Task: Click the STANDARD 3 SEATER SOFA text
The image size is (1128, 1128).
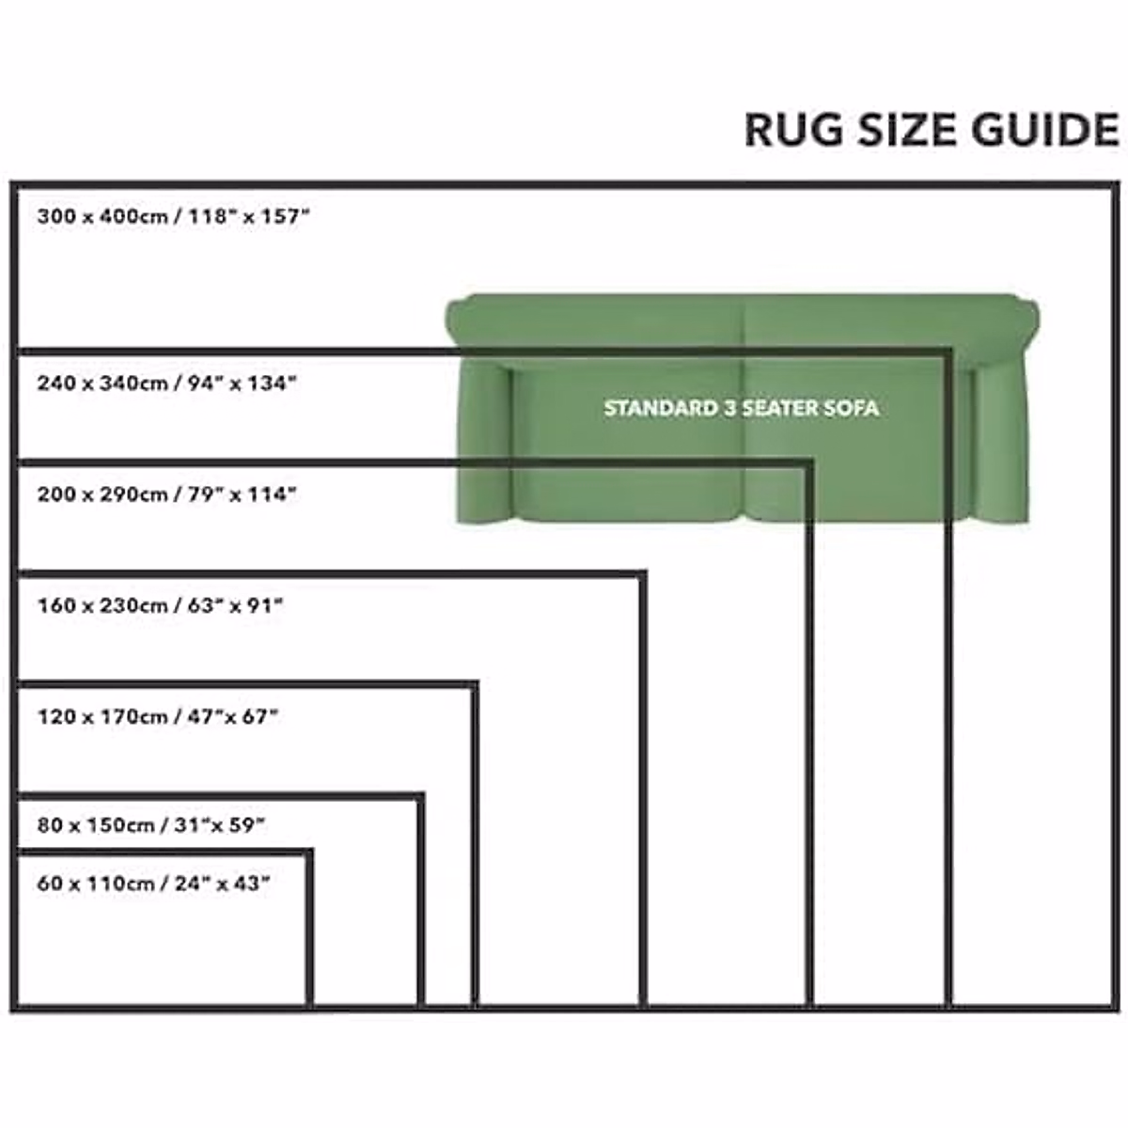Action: [741, 408]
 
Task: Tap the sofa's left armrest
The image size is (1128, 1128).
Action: [483, 442]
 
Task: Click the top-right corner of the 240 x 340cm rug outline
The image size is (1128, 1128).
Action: [948, 352]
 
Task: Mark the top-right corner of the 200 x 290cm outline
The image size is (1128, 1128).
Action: [809, 462]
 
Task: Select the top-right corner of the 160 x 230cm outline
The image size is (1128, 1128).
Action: [643, 572]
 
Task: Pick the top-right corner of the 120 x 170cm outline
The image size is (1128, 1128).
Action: [475, 684]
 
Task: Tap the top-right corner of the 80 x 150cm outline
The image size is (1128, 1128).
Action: [420, 796]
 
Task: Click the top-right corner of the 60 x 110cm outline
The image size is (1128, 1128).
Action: [309, 853]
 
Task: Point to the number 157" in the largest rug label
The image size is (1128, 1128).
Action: [284, 217]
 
